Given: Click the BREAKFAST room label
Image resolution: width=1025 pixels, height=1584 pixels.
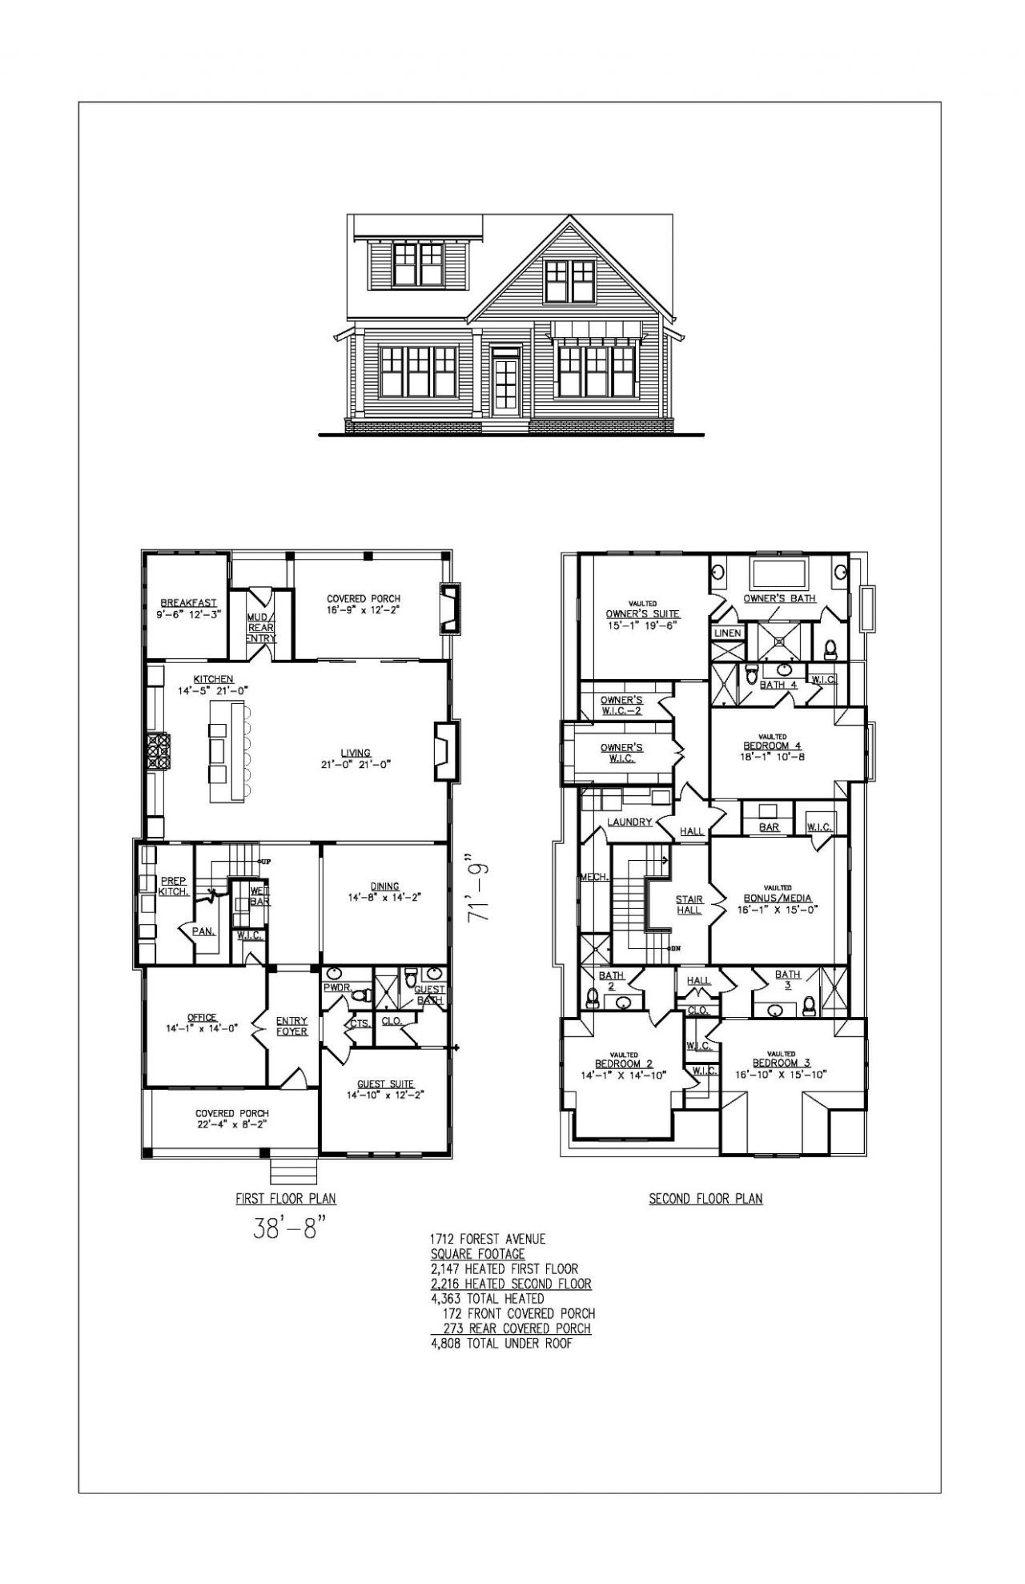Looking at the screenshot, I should pyautogui.click(x=188, y=603).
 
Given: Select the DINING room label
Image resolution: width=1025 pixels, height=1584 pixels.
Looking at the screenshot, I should pyautogui.click(x=384, y=886).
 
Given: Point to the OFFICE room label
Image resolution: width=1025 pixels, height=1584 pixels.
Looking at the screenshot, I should pyautogui.click(x=203, y=1018).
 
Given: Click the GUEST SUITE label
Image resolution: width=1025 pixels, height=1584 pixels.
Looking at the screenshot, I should pyautogui.click(x=385, y=1084).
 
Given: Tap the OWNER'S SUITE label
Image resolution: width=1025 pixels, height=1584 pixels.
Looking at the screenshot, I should pyautogui.click(x=642, y=614).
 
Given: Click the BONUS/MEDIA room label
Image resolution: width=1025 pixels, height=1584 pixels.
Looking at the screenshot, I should pyautogui.click(x=777, y=899).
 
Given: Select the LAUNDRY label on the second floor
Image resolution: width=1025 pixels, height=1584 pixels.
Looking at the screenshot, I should pyautogui.click(x=629, y=822).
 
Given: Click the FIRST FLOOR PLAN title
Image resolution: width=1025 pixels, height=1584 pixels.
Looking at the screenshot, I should pyautogui.click(x=285, y=1199).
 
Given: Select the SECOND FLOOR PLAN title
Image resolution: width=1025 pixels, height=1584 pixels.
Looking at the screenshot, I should pyautogui.click(x=705, y=1199).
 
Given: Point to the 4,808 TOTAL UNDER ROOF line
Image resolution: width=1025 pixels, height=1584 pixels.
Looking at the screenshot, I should pyautogui.click(x=502, y=1343).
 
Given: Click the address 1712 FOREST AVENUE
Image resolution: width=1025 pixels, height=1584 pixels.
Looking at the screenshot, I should pyautogui.click(x=488, y=1239).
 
